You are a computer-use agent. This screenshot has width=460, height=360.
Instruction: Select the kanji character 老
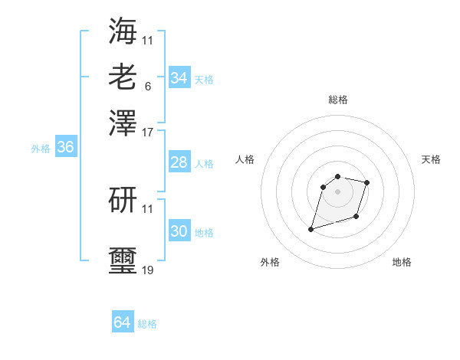point(123,77)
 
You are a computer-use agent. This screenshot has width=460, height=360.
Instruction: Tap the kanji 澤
point(123,123)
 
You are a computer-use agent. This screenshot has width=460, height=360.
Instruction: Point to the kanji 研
point(123,199)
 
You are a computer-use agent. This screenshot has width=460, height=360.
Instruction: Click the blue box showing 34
point(179,78)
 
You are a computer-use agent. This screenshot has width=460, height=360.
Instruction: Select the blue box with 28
point(179,162)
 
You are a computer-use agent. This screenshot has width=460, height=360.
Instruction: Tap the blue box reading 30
point(179,231)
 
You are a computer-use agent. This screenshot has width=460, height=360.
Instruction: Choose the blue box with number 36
point(65,148)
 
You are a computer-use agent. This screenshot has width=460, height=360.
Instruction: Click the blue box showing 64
point(123,322)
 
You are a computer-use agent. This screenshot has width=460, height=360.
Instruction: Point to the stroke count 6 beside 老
point(147,86)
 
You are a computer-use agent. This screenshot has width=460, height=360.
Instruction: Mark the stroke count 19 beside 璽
point(147,270)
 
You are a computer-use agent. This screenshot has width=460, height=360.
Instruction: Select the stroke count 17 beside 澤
point(147,132)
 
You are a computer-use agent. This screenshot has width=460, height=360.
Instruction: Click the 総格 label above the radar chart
point(338,100)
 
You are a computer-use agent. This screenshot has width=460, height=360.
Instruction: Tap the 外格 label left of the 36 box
point(41,149)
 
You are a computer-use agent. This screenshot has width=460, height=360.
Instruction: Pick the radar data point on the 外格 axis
point(311,229)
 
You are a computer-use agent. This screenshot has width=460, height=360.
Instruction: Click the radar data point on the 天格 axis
point(367,182)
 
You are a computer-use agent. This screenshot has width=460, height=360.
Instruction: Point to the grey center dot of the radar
point(338,191)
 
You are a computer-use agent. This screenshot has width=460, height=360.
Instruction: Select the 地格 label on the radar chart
point(402,262)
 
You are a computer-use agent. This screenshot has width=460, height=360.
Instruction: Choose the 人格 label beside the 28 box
point(205,164)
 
